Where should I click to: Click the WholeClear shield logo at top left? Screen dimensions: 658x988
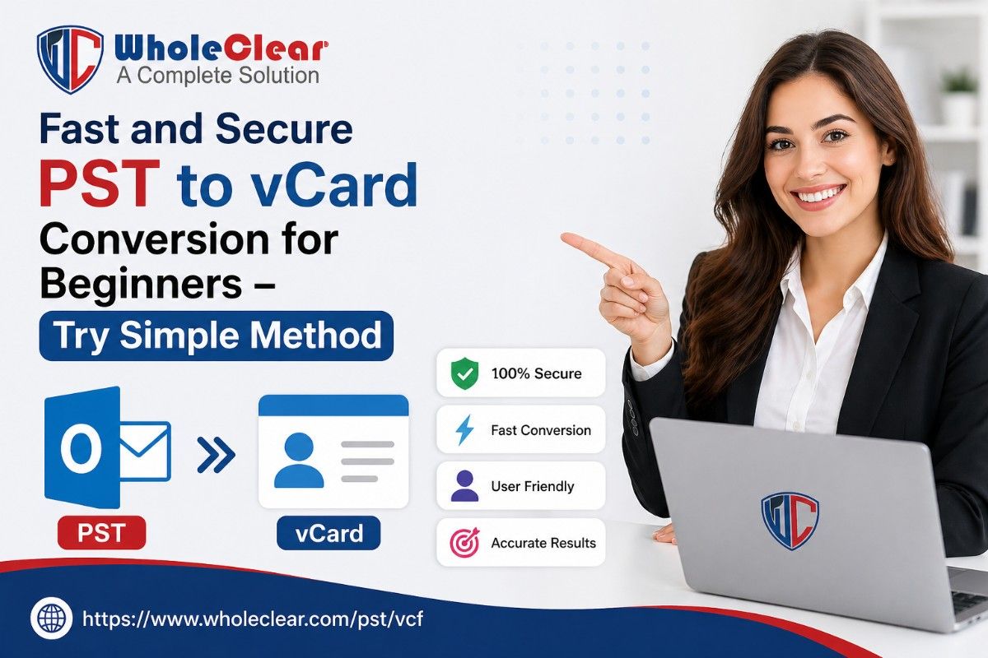pyautogui.click(x=70, y=58)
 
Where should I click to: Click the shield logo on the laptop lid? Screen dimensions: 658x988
pyautogui.click(x=790, y=521)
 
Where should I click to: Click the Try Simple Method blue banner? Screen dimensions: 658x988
pyautogui.click(x=217, y=336)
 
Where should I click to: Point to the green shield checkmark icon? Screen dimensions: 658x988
pyautogui.click(x=464, y=373)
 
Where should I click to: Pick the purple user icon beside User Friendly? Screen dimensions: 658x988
pyautogui.click(x=464, y=486)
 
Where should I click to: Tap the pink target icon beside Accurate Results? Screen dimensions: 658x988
pyautogui.click(x=464, y=543)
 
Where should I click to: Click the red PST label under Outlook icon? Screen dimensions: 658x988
pyautogui.click(x=101, y=533)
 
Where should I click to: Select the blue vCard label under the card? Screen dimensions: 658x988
pyautogui.click(x=329, y=533)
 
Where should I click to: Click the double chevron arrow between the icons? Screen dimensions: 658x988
pyautogui.click(x=217, y=455)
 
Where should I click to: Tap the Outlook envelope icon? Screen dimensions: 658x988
pyautogui.click(x=144, y=452)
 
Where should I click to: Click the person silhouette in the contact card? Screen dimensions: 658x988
pyautogui.click(x=298, y=461)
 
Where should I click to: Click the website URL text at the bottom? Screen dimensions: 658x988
pyautogui.click(x=247, y=619)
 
